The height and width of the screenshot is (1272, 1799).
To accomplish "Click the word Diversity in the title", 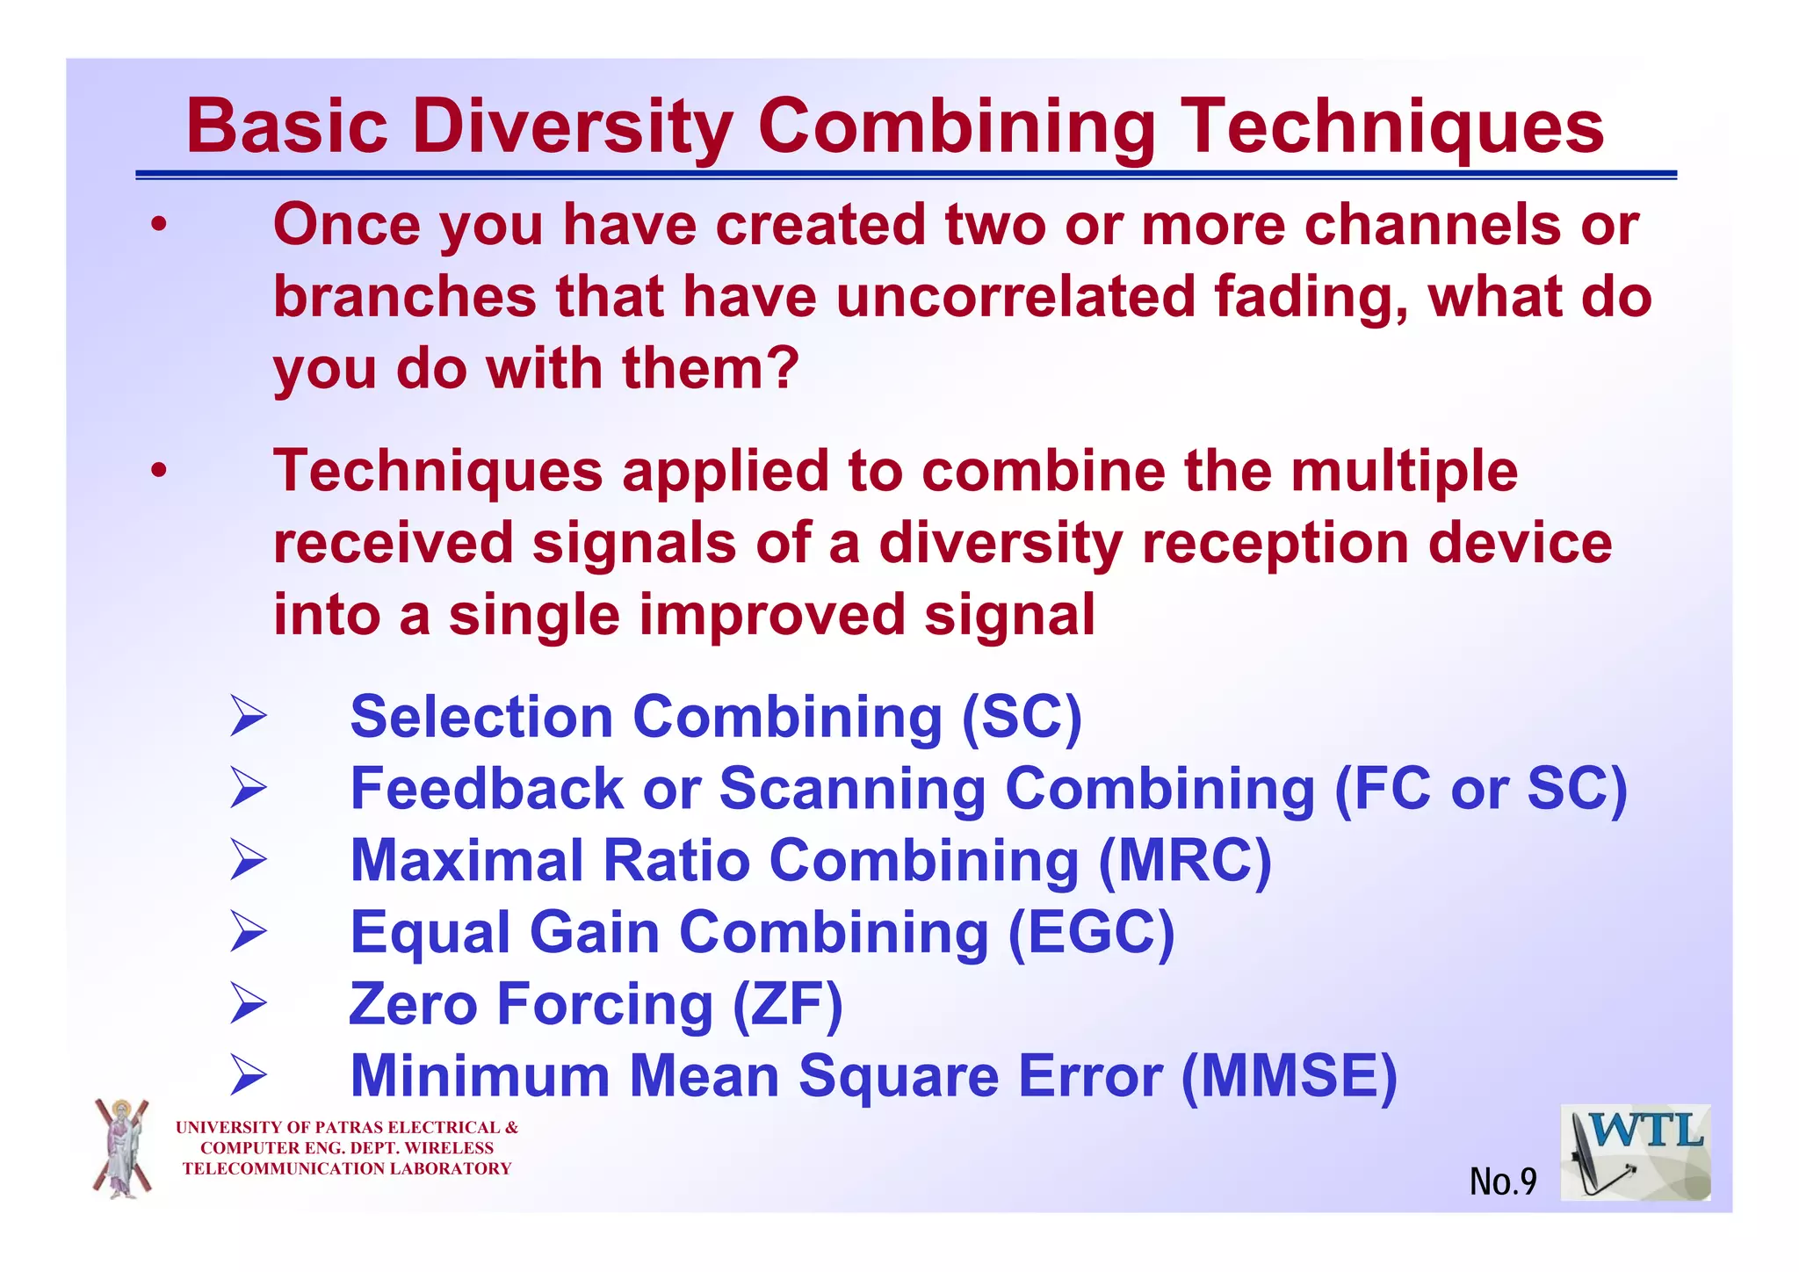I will [x=572, y=127].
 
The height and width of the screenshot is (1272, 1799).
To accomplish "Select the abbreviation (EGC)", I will [x=1090, y=932].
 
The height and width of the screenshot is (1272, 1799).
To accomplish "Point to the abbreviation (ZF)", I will [x=788, y=1004].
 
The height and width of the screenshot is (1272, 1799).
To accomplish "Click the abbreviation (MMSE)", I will [x=1289, y=1076].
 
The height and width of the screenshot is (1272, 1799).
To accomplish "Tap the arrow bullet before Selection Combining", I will [x=248, y=716].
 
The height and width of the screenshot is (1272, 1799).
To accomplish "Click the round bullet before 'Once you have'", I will [x=158, y=226].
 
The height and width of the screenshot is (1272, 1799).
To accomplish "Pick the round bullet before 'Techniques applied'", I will [x=158, y=472].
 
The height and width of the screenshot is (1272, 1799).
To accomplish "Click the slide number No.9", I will [x=1503, y=1182].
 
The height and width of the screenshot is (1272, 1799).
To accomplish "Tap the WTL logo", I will [x=1635, y=1153].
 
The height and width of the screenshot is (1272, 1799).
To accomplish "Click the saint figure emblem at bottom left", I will [x=122, y=1148].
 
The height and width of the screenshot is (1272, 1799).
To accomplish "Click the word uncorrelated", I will [x=1015, y=297].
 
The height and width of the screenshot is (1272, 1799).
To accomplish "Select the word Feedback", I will [x=487, y=788].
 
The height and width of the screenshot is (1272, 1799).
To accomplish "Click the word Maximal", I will [x=466, y=860].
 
